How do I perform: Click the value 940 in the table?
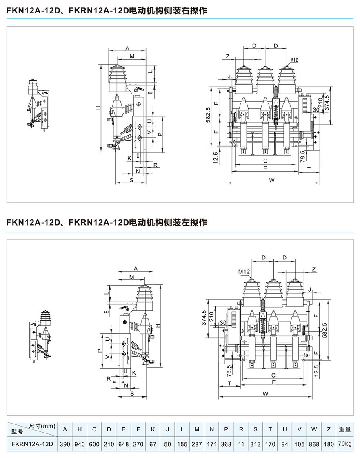click(x=80, y=444)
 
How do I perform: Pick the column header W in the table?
click(x=314, y=429)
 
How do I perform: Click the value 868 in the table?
click(x=314, y=444)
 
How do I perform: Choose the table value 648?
click(x=123, y=444)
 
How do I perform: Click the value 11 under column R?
click(x=241, y=444)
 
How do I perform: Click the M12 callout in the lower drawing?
click(x=244, y=271)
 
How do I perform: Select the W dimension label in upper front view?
click(x=272, y=180)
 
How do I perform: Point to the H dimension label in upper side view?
click(x=98, y=108)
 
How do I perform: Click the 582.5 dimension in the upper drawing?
click(x=209, y=115)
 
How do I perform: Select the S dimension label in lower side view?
click(x=132, y=393)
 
